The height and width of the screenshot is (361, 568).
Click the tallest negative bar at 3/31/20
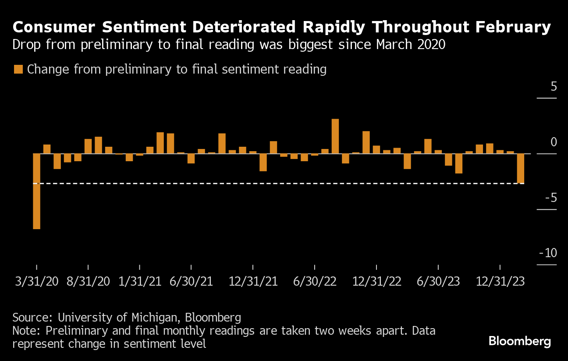pos(36,191)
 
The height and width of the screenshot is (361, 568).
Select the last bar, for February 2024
pos(520,168)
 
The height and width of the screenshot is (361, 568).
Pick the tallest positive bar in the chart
pos(335,136)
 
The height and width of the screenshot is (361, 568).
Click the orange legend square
pos(18,70)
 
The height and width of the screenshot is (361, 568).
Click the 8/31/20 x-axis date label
pos(88,281)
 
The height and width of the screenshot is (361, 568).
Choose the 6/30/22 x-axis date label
pos(315,281)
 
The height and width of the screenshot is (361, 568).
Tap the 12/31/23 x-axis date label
pos(500,281)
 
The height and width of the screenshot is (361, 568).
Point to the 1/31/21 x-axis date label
pos(139,281)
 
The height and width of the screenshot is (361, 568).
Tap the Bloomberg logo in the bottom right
pos(519,341)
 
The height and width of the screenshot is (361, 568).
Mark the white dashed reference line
pos(280,184)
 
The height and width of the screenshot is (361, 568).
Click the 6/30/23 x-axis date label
pos(438,281)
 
